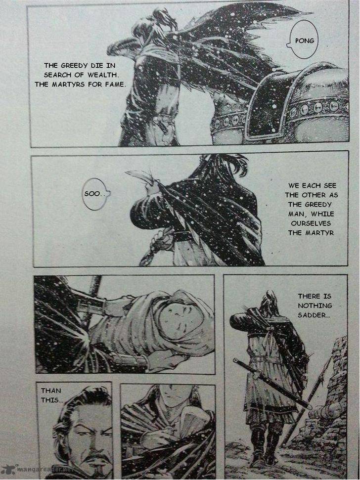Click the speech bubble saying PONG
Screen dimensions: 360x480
pos(304,40)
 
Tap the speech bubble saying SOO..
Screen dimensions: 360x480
pos(96,194)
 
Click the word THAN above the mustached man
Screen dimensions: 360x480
pos(51,391)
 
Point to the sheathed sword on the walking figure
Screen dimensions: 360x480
pos(272,383)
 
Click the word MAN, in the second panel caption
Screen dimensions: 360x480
pos(296,214)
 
